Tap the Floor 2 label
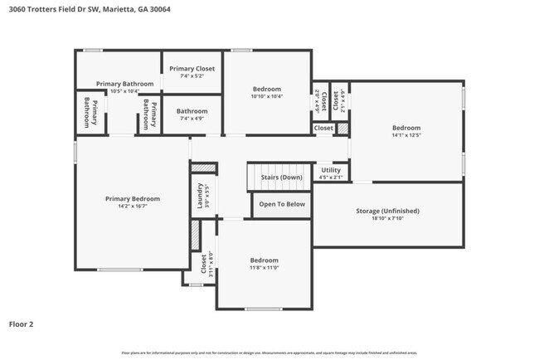coord(22,324)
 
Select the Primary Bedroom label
coord(133,198)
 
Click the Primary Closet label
coord(192,69)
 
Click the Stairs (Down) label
coord(281,177)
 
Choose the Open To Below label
coord(282,204)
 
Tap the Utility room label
coord(331,170)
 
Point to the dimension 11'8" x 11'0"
coord(265,267)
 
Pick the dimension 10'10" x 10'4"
coord(267,96)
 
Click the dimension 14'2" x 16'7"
coord(133,206)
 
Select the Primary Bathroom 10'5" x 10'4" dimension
coord(124,91)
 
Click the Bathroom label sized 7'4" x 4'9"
coord(192,110)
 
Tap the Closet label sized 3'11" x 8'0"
coord(203,262)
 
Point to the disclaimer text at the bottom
coord(269,353)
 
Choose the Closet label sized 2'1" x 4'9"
coord(335,100)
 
